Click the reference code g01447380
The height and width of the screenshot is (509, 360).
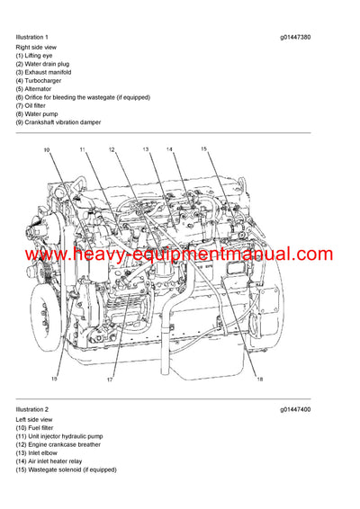click(295, 36)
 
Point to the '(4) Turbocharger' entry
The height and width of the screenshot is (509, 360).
click(40, 82)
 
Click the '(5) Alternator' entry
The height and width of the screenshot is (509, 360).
click(37, 90)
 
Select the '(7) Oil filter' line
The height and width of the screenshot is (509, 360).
click(36, 105)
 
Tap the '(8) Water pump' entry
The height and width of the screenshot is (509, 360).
click(39, 113)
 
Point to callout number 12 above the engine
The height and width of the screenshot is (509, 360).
click(112, 148)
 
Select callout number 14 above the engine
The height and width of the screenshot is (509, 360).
click(169, 148)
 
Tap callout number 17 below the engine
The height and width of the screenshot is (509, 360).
click(110, 380)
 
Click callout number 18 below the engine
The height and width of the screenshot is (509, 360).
click(259, 380)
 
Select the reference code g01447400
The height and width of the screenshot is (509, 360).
click(295, 410)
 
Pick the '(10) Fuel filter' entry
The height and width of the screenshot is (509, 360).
click(37, 427)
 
